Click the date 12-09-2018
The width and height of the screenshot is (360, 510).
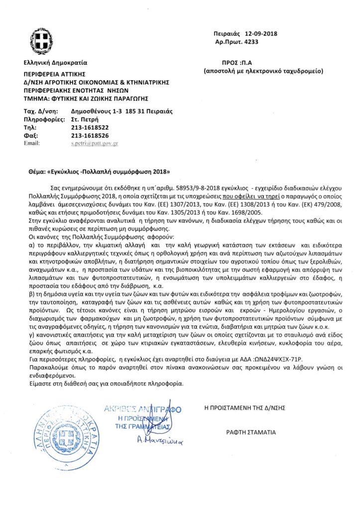pos(260,34)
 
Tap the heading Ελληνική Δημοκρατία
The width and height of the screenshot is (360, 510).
pos(55,63)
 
